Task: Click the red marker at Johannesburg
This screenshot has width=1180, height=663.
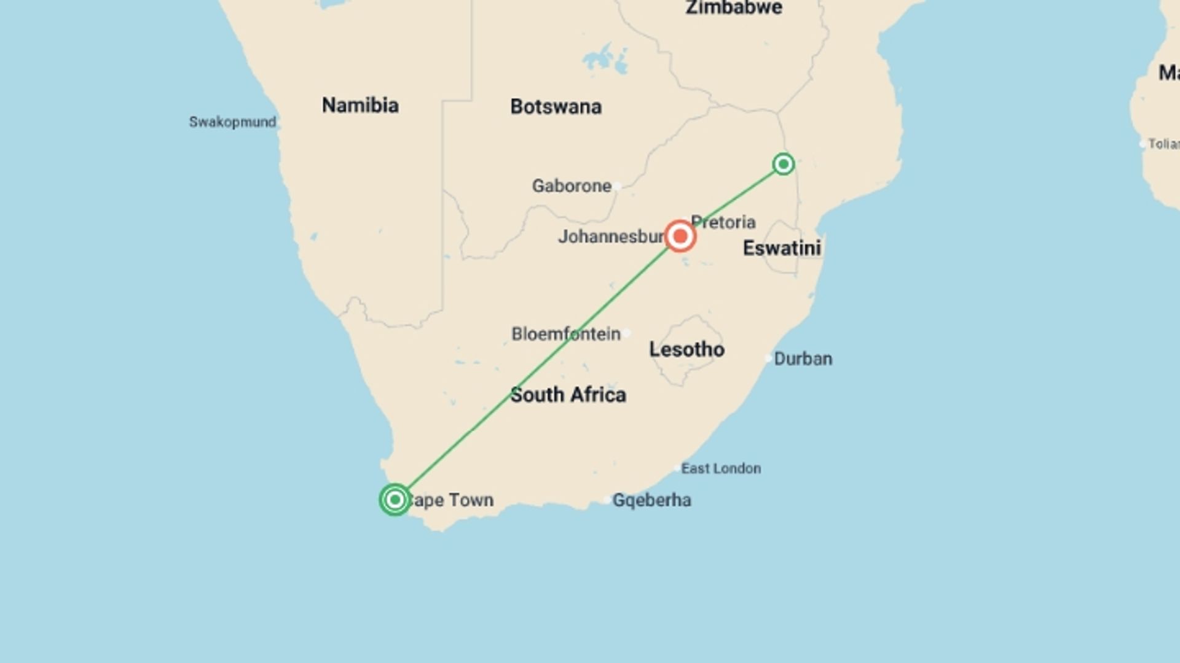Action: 680,236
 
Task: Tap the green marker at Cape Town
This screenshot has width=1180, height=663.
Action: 395,500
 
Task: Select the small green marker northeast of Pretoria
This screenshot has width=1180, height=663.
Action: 783,164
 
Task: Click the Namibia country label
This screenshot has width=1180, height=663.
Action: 360,106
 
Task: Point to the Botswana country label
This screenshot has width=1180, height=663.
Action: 556,107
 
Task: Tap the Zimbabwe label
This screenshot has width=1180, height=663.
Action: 734,8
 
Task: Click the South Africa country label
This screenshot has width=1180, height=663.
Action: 568,395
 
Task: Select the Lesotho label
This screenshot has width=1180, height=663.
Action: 686,350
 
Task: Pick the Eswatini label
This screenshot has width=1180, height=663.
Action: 782,249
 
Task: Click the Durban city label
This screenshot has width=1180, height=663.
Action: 803,359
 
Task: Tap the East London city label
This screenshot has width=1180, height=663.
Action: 721,469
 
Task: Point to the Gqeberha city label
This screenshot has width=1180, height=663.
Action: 651,500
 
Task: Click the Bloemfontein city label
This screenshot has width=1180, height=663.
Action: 565,335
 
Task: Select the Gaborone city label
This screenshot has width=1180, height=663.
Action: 572,186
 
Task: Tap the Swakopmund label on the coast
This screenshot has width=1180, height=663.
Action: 232,122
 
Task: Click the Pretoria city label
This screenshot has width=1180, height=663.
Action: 723,222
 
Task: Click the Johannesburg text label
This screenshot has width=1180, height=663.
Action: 610,237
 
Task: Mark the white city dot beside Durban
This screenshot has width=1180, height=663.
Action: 768,358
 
